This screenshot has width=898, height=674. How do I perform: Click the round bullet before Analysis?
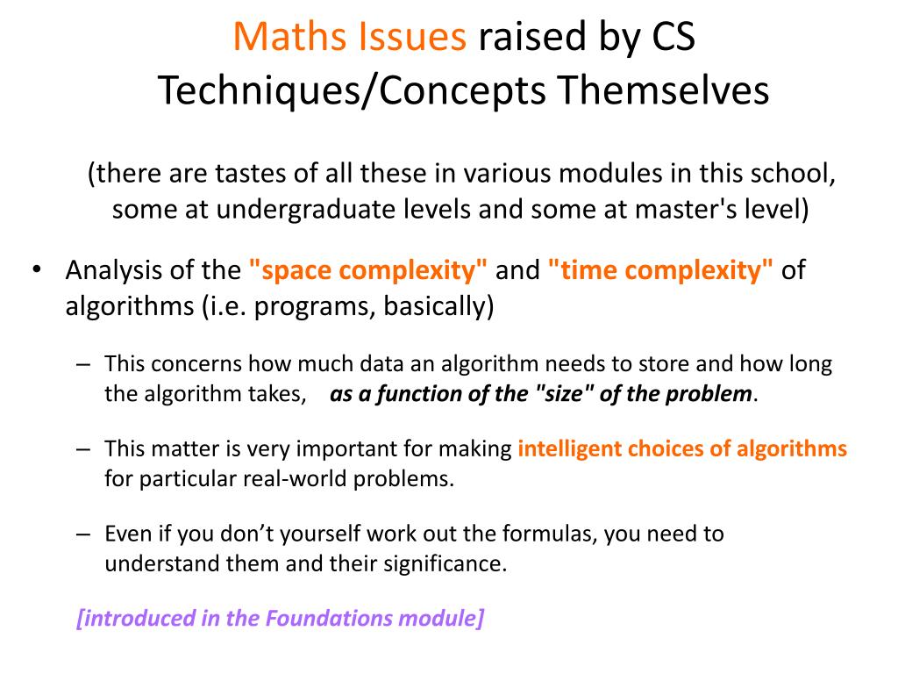38,269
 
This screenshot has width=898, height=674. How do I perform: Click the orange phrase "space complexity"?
368,270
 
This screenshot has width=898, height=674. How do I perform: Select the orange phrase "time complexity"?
661,270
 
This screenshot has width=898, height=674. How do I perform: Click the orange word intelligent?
570,449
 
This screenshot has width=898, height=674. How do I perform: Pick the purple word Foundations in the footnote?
324,618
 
